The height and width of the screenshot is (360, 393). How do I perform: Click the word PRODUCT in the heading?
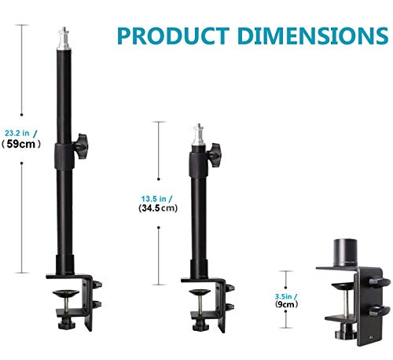tap(174, 35)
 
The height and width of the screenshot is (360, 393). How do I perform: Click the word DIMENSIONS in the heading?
tap(314, 35)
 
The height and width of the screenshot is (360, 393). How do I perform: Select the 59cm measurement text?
tap(20, 144)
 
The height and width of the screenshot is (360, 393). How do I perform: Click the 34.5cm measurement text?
tap(158, 208)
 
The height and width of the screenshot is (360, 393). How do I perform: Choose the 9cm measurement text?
tap(286, 304)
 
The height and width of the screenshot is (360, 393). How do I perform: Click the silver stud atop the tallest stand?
tap(64, 39)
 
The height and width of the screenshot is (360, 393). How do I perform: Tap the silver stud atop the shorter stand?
tap(199, 135)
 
